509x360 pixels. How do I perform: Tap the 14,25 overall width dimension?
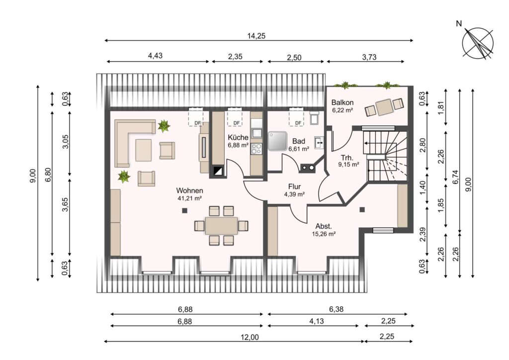click(x=256, y=36)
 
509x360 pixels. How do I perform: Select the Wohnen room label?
click(x=189, y=190)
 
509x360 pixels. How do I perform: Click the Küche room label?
click(x=238, y=137)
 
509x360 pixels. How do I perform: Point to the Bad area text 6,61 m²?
click(x=299, y=149)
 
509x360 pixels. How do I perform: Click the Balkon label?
click(x=342, y=102)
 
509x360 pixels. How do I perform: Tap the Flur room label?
click(x=294, y=186)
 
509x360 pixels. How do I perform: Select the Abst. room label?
click(x=324, y=226)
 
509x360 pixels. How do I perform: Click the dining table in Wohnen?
click(x=221, y=226)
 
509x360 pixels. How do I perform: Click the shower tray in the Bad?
click(x=277, y=141)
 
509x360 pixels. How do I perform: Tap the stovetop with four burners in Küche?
click(x=256, y=149)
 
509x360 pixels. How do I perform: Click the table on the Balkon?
click(x=384, y=107)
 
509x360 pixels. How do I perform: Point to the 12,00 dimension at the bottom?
click(x=250, y=337)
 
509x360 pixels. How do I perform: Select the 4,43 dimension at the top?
click(x=155, y=56)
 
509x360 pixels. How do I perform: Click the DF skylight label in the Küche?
click(x=237, y=123)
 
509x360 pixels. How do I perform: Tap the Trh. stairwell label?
click(x=347, y=158)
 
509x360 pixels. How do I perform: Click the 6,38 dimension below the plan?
click(x=337, y=309)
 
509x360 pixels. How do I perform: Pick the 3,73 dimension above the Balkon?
click(x=369, y=58)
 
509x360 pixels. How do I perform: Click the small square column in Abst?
click(x=362, y=210)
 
